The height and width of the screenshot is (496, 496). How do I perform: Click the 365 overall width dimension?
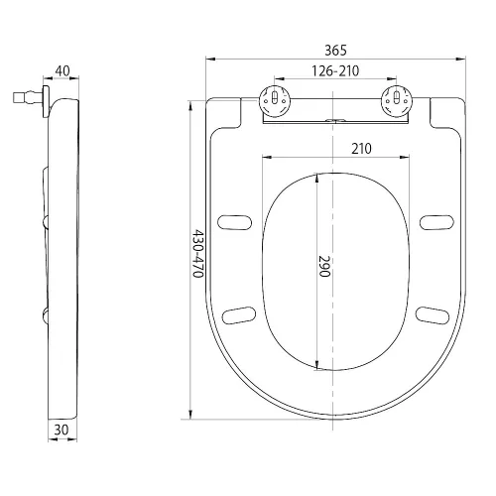click(335, 51)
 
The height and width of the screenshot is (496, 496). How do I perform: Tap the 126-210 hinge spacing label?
click(335, 71)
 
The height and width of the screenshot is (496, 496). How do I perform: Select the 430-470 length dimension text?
click(197, 253)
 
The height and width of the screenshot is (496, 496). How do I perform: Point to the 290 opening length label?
click(324, 266)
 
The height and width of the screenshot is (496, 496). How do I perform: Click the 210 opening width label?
click(361, 149)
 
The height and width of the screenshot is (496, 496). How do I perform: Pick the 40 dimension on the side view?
click(62, 70)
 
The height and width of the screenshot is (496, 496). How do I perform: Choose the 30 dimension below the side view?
click(62, 430)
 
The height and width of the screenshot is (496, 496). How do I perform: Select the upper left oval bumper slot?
click(235, 222)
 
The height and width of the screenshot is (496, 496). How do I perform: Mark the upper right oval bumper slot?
click(436, 222)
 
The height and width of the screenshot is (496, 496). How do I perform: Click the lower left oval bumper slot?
click(239, 315)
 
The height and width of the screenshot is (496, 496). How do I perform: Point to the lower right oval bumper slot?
click(433, 315)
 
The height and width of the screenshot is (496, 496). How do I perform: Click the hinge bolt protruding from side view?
click(28, 97)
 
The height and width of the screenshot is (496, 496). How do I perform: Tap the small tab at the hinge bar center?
click(335, 121)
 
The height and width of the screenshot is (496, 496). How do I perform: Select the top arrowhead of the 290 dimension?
click(317, 179)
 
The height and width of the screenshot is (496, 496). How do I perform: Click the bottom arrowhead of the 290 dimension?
click(317, 364)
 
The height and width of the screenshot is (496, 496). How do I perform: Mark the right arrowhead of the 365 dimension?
click(461, 60)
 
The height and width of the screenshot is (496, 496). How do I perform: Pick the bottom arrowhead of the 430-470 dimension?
click(190, 415)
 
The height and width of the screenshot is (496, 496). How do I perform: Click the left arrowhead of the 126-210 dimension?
click(280, 79)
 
